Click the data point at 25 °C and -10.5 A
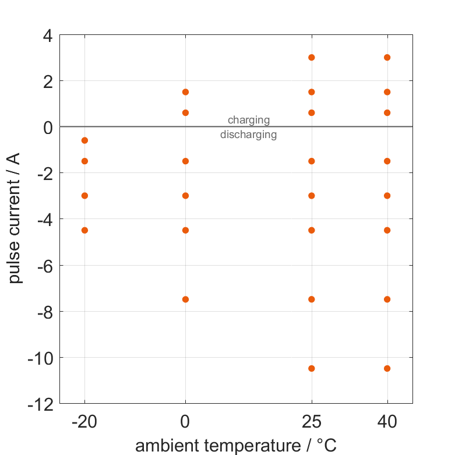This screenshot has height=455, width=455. (x=312, y=368)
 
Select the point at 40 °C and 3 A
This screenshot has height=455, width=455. (x=387, y=57)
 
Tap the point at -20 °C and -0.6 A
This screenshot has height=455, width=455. (x=84, y=140)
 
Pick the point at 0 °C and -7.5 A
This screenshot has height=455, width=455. (x=185, y=299)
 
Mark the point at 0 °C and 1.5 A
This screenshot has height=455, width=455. (x=185, y=92)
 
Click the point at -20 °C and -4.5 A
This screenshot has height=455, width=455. (x=84, y=230)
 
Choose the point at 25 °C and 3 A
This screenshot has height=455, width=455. (x=312, y=57)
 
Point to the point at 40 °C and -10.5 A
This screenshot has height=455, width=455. (x=387, y=368)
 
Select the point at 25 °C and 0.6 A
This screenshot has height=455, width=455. (x=312, y=112)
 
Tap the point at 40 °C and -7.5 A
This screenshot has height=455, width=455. (x=387, y=299)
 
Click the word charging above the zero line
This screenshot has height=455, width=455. (x=249, y=120)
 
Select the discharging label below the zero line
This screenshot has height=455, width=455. (x=249, y=135)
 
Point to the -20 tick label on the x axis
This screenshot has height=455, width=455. (x=84, y=422)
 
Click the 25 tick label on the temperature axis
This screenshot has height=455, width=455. (x=312, y=422)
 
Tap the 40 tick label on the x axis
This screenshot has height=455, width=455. (x=387, y=422)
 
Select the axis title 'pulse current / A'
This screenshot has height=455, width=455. (x=15, y=219)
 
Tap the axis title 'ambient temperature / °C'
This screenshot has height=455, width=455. (x=236, y=446)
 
